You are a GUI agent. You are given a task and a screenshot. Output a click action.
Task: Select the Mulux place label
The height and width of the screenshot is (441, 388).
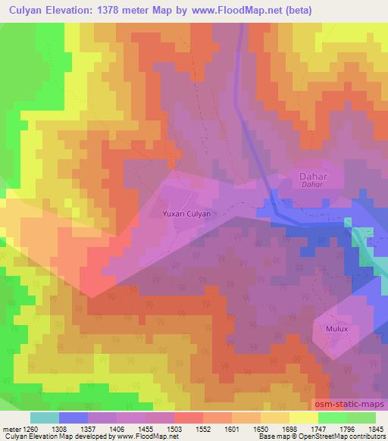336,330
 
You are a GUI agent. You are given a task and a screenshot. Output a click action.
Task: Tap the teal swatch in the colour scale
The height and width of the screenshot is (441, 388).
45,418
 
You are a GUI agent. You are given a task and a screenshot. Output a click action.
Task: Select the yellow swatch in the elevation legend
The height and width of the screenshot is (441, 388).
304,418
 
